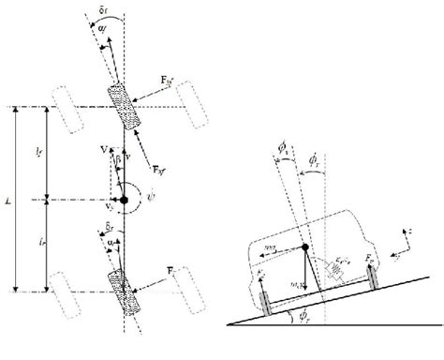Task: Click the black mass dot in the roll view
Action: click(x=304, y=247)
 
